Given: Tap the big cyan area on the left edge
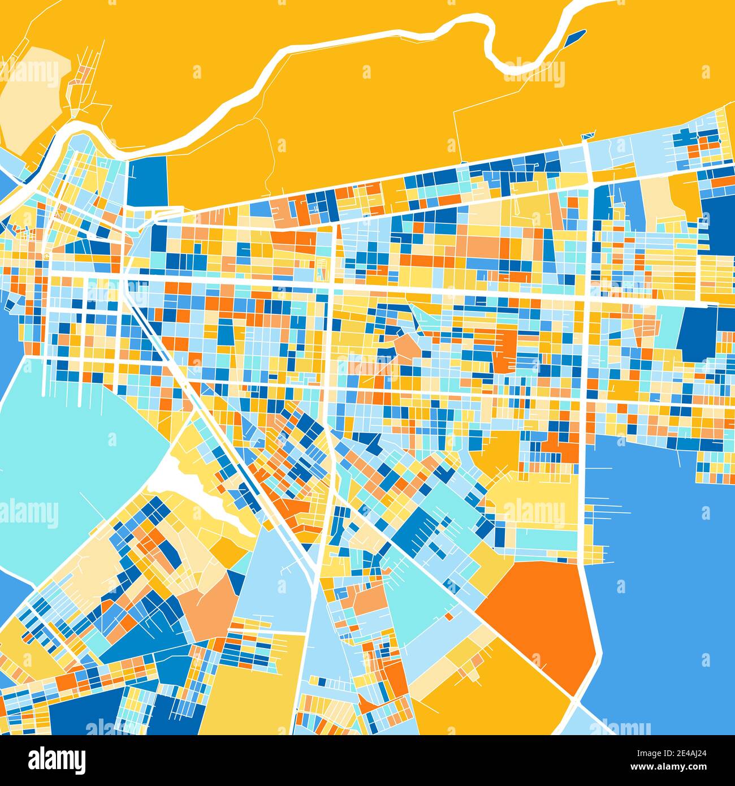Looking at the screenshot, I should (68, 452).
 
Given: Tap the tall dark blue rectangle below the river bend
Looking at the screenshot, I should (148, 181).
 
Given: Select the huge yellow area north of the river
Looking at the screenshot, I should (367, 113).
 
